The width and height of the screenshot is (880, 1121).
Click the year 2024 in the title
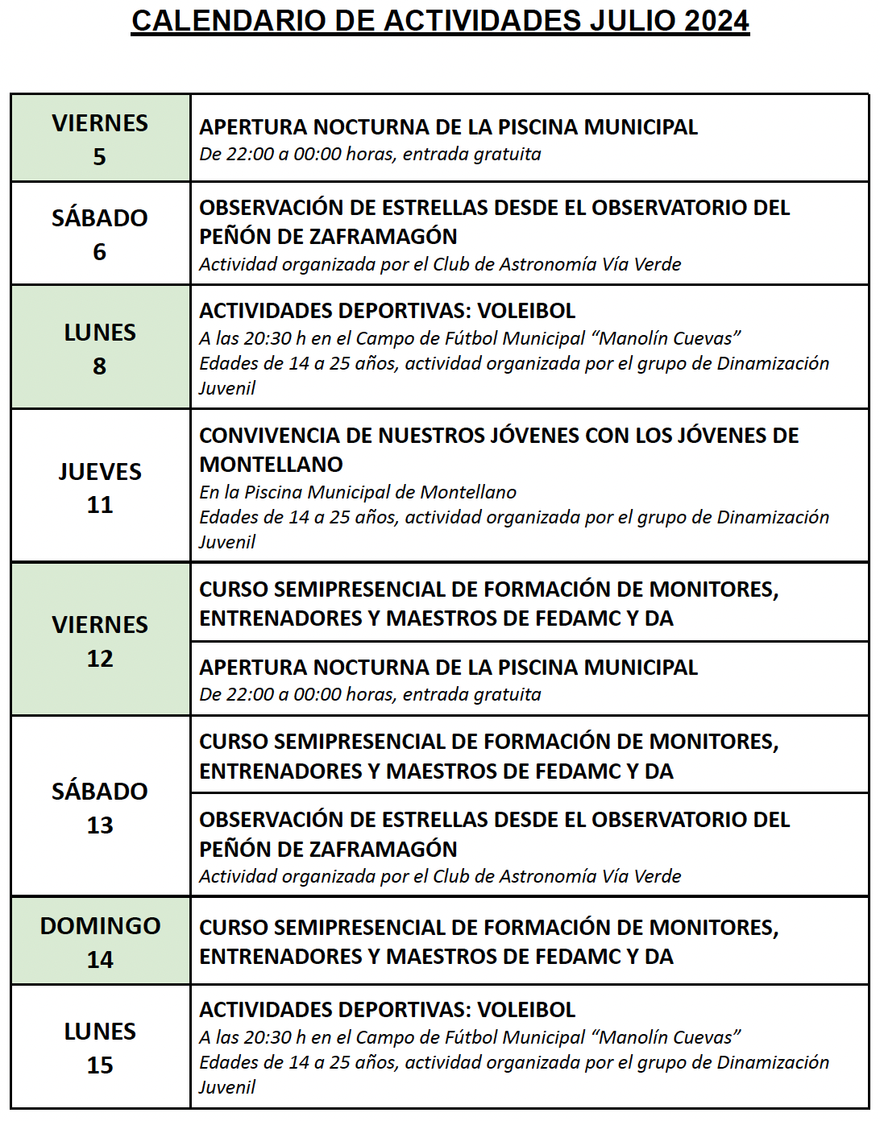click(716, 21)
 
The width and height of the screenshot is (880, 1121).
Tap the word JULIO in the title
click(633, 21)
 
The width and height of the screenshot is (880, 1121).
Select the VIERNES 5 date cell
click(100, 139)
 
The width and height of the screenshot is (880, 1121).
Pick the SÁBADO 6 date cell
click(100, 234)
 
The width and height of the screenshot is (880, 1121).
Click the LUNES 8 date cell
click(100, 348)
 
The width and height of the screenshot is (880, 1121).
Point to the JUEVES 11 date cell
click(100, 487)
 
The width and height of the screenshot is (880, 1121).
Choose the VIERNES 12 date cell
click(100, 640)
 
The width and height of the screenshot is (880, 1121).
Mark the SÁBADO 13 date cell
click(100, 807)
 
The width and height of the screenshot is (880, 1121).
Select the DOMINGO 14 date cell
click(100, 941)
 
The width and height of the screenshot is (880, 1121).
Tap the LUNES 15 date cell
click(100, 1047)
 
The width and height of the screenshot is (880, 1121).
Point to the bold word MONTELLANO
click(271, 465)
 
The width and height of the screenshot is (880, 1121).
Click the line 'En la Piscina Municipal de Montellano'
click(358, 492)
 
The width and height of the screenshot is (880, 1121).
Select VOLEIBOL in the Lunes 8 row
click(526, 311)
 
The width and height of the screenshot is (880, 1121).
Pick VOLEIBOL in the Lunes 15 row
click(526, 1010)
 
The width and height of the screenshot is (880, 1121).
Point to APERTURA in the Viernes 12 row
click(253, 668)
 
